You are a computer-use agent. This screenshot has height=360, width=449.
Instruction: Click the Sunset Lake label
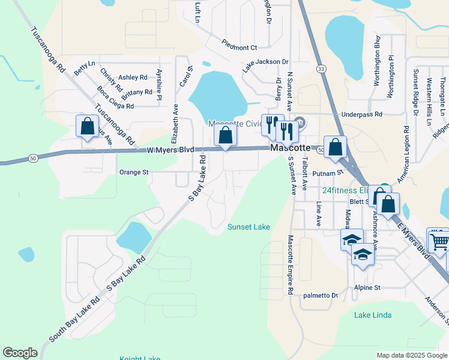(x=249, y=227)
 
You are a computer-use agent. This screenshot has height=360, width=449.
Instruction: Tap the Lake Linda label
(x=372, y=315)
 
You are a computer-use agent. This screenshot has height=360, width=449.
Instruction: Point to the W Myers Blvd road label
(x=170, y=151)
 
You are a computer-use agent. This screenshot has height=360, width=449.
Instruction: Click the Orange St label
(x=133, y=172)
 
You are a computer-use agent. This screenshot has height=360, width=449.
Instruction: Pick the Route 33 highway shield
(x=322, y=70)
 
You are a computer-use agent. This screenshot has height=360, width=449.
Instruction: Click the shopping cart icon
(x=439, y=240)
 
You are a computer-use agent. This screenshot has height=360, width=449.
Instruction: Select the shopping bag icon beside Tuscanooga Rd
(x=87, y=127)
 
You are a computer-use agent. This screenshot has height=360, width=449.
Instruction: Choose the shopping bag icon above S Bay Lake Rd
(x=225, y=136)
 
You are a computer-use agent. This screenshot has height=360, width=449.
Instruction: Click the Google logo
(x=20, y=353)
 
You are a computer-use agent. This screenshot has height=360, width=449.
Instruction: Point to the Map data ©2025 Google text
(x=412, y=355)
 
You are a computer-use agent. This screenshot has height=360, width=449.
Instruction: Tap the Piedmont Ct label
(x=239, y=47)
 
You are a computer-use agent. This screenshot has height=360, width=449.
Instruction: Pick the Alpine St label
(x=367, y=288)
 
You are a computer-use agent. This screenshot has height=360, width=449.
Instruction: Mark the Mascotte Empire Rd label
(x=290, y=264)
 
